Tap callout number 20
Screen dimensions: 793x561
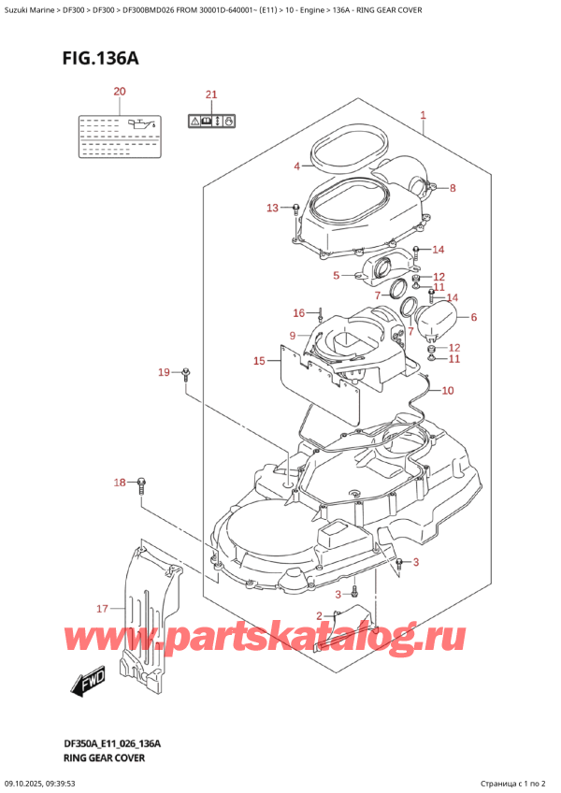(119, 92)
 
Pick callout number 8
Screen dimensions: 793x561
(453, 188)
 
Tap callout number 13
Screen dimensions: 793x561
(273, 208)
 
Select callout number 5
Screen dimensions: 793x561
(336, 276)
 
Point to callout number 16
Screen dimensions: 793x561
(299, 312)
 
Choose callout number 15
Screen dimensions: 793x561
(260, 360)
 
